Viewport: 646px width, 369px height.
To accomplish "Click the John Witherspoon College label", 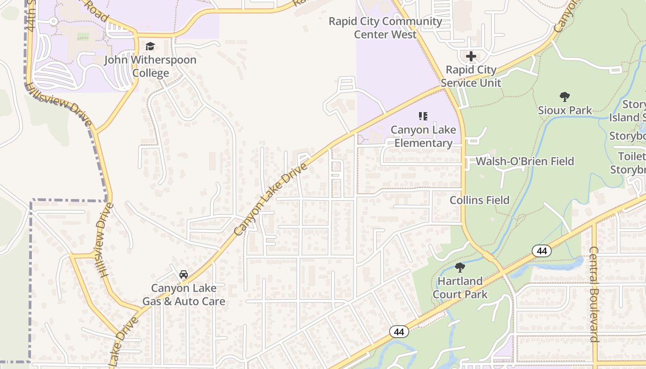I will [x=150, y=66].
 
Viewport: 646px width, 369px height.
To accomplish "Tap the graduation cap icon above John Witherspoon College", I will [x=150, y=47].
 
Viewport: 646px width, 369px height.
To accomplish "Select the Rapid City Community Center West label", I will [x=385, y=28].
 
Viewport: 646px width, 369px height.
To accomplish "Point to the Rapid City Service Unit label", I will [x=471, y=76].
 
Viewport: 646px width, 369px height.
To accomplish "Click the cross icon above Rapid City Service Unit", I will [x=471, y=56].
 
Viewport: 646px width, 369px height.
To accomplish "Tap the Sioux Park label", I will [x=565, y=110].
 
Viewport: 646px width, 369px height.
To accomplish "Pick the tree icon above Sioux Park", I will [x=564, y=97].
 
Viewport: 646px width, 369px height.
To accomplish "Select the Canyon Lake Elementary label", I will [x=423, y=137].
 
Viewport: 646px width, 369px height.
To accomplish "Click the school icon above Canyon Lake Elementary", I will [x=423, y=116].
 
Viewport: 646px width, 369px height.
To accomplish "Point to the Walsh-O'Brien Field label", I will [x=525, y=161].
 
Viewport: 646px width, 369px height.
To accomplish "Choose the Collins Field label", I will [x=479, y=200].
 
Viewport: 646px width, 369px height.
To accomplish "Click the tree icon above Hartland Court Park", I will [x=460, y=268].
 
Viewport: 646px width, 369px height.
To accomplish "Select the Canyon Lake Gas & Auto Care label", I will [x=184, y=295].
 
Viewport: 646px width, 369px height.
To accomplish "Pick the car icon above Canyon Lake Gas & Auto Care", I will [x=184, y=275].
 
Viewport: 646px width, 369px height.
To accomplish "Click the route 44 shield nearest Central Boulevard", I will [x=542, y=251].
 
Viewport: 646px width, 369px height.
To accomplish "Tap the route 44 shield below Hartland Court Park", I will [x=399, y=331].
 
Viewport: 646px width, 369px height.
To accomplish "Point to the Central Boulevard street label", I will [x=594, y=294].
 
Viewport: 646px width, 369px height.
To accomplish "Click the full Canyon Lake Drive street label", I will [x=271, y=198].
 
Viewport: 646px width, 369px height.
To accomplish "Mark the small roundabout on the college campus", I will [x=53, y=21].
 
